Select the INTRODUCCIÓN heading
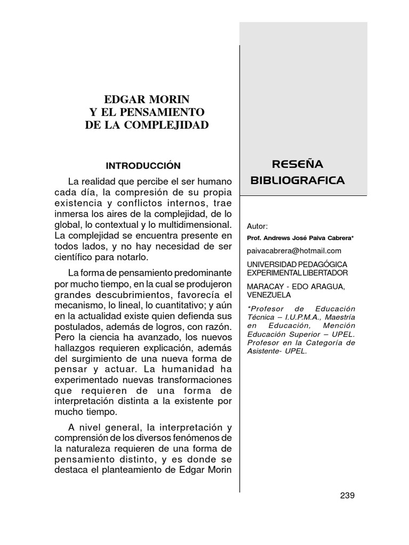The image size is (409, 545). point(143,166)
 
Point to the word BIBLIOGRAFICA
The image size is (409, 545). point(298,180)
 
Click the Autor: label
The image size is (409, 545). point(258,227)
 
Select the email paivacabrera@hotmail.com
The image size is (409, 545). point(295,250)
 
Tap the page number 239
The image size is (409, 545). point(347,496)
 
